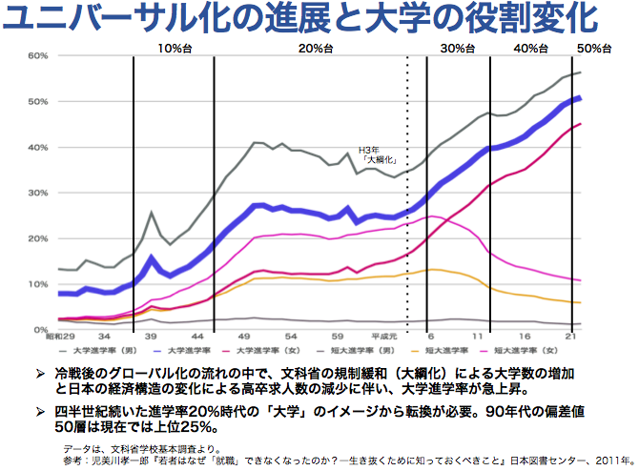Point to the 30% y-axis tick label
(37, 193)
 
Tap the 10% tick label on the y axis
(37, 284)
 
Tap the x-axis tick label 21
(570, 337)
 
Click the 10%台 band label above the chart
(174, 48)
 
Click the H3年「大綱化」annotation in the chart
(376, 156)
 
